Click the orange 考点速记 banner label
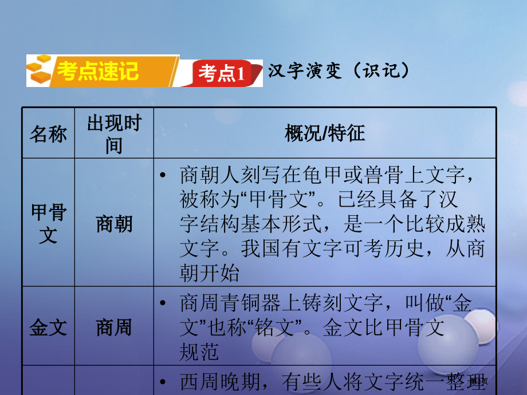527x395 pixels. [x=98, y=72]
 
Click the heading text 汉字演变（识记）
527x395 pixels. [x=339, y=71]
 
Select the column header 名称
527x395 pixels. [x=48, y=134]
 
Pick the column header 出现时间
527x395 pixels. [x=113, y=134]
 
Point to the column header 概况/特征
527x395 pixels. [x=325, y=134]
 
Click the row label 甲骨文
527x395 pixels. [x=48, y=224]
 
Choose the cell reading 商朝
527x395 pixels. [x=113, y=224]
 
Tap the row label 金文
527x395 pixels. [x=48, y=327]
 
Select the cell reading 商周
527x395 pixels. [x=113, y=327]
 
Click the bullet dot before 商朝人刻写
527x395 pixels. [x=165, y=175]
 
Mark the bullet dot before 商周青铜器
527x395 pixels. [x=165, y=303]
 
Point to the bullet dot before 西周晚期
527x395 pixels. [x=165, y=382]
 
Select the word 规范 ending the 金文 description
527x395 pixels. [x=199, y=351]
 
